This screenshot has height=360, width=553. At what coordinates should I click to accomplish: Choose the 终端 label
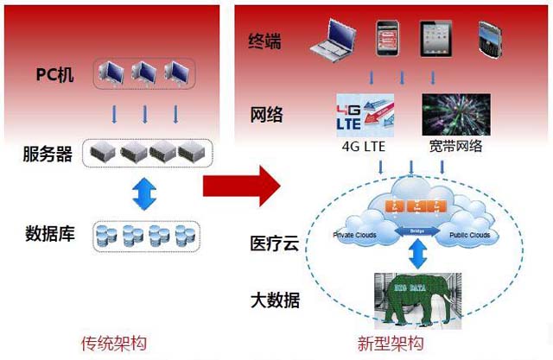click(x=266, y=41)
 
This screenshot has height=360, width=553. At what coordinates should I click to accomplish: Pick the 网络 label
click(x=266, y=116)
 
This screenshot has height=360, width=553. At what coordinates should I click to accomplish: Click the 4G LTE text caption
click(x=364, y=146)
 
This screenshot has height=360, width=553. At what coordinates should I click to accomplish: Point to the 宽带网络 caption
click(x=455, y=146)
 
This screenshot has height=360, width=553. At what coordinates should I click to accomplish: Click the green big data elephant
click(x=412, y=298)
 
